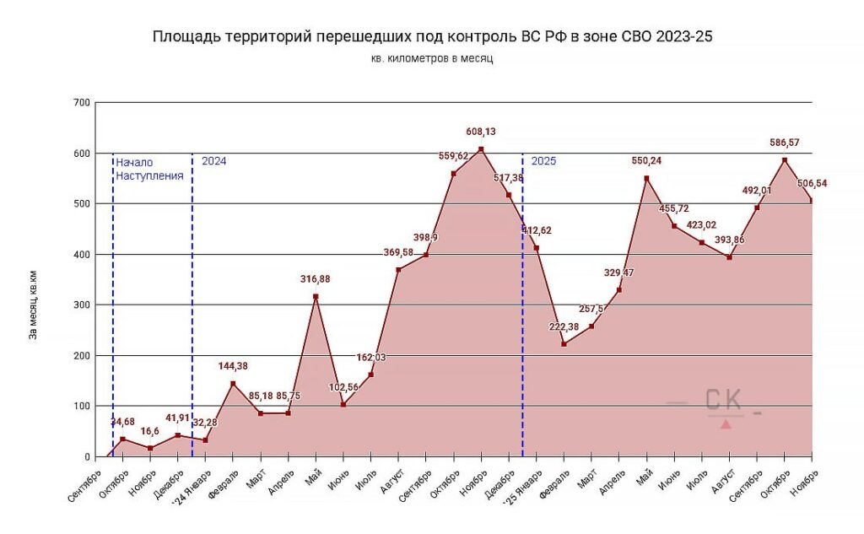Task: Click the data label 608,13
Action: click(x=482, y=132)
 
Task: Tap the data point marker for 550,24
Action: click(x=646, y=178)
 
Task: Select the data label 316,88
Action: click(x=316, y=279)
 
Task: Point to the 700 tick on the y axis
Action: click(x=81, y=103)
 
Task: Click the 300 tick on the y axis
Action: click(x=81, y=305)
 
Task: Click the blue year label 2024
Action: click(x=213, y=161)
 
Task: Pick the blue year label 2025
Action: click(x=543, y=161)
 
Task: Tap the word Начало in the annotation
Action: click(x=135, y=162)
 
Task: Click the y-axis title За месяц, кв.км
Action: click(x=34, y=305)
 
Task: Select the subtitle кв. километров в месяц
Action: click(x=431, y=59)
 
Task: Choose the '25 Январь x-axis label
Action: click(x=521, y=485)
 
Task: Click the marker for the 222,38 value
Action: click(x=564, y=344)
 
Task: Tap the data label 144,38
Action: click(x=234, y=366)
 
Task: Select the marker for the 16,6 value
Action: click(x=150, y=448)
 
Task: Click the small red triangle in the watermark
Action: click(x=726, y=423)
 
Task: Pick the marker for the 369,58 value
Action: click(x=398, y=270)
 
